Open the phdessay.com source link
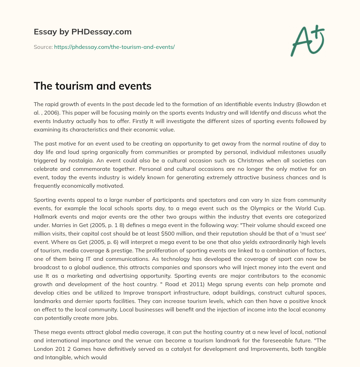tap(114, 47)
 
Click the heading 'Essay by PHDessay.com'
tap(83, 32)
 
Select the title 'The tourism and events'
tap(92, 86)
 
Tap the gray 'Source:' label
tap(43, 47)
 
